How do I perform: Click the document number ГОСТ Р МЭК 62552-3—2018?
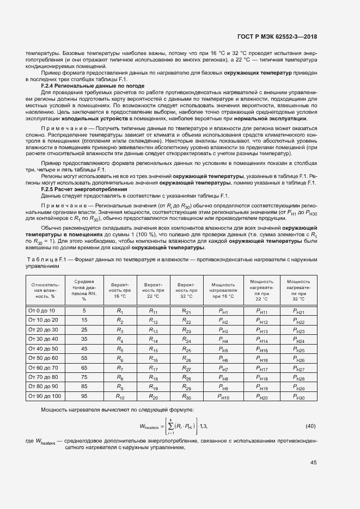click(x=277, y=36)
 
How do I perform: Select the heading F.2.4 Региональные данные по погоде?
click(x=93, y=86)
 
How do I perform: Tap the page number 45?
click(x=314, y=463)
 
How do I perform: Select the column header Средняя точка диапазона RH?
click(x=84, y=290)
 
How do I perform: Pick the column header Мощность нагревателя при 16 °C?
click(x=223, y=290)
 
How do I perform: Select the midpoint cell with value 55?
click(x=84, y=359)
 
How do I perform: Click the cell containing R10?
click(x=120, y=397)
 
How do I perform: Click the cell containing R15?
click(x=153, y=349)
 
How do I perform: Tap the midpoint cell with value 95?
click(x=84, y=397)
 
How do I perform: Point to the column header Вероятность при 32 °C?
click(x=186, y=290)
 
